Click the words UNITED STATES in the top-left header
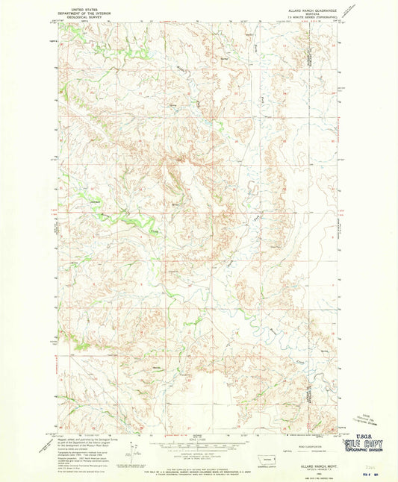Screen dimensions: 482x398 click(x=78, y=4)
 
